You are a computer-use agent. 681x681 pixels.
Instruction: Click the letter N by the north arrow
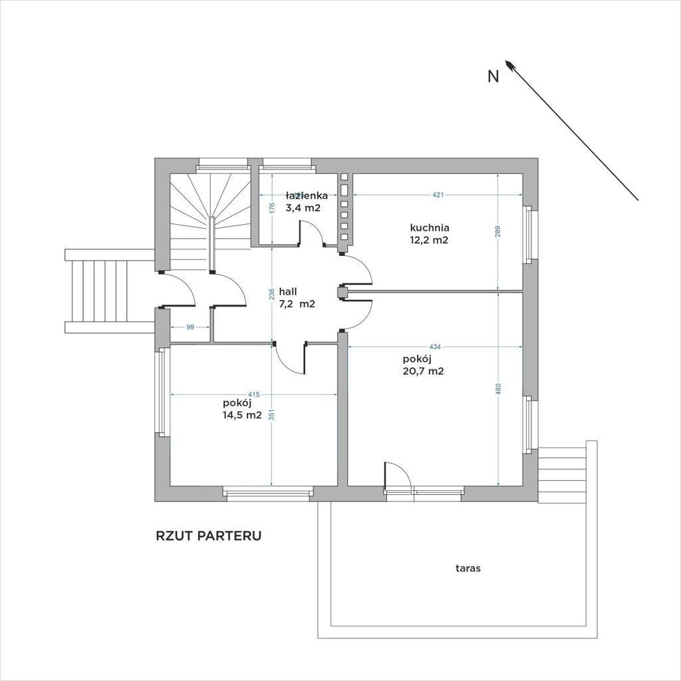coord(493,76)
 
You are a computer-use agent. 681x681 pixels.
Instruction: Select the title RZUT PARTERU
coord(208,536)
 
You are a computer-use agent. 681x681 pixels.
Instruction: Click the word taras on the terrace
coord(468,568)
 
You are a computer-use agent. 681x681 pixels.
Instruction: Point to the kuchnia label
coord(430,227)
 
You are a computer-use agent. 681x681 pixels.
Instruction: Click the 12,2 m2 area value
coord(429,239)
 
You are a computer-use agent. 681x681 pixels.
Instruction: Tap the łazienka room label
coord(307,196)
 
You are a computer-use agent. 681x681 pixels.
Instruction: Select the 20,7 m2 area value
coord(424,371)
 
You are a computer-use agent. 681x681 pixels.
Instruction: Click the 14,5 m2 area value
coord(242,415)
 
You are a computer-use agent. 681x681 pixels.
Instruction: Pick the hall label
coord(288,291)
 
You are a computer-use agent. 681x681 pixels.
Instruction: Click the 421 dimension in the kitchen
coord(438,195)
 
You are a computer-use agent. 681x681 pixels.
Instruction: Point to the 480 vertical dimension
coord(498,388)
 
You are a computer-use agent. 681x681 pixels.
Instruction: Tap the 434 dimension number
coord(435,346)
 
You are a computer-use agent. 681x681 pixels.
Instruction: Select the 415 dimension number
coord(254,394)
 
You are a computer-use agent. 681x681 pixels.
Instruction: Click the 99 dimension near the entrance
coord(190,327)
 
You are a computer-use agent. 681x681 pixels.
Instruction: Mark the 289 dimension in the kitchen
coord(498,231)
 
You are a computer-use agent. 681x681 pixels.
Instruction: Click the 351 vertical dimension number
coord(271,415)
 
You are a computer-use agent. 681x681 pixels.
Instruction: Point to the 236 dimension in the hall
coord(271,295)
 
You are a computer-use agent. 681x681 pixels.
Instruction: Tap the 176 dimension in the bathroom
coord(271,208)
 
